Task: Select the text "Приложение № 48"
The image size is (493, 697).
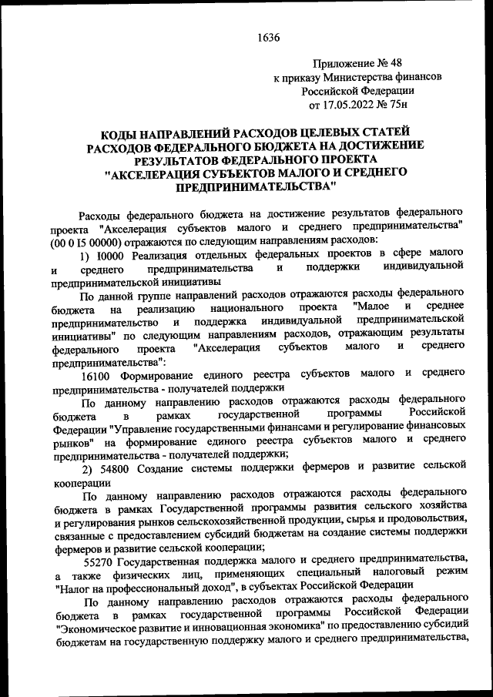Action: click(357, 64)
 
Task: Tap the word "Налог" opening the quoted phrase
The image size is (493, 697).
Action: click(77, 585)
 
